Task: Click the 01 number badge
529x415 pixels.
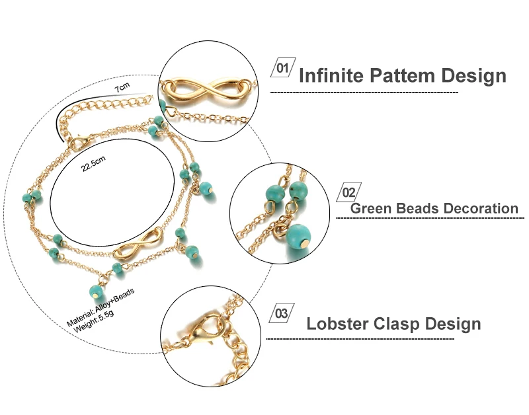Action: (x=283, y=67)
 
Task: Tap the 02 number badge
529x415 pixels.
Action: (x=349, y=192)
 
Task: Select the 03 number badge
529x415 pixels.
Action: (x=282, y=313)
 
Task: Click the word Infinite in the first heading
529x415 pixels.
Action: (x=331, y=75)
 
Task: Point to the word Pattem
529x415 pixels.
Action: (x=402, y=75)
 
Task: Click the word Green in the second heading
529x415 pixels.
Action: (x=370, y=208)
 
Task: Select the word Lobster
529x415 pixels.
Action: (x=337, y=323)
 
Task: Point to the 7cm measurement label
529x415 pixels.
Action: (x=122, y=87)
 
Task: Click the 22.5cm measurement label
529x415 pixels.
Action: (x=93, y=163)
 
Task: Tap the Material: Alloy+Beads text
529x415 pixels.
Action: (x=101, y=307)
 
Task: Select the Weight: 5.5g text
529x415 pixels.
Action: (x=94, y=321)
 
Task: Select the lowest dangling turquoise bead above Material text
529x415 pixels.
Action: (x=96, y=291)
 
